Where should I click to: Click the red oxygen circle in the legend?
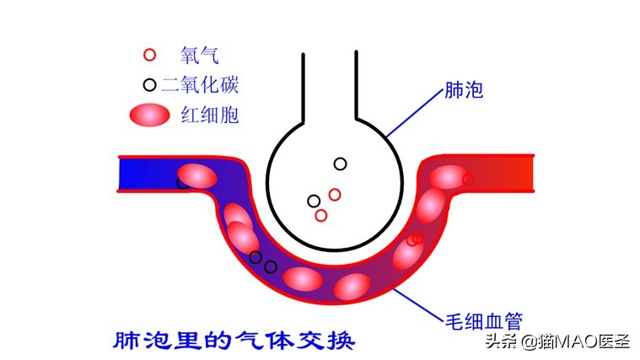pos(150,55)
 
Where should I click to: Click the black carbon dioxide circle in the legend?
pos(150,85)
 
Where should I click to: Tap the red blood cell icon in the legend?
pos(149,115)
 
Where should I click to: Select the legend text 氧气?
pos(200,55)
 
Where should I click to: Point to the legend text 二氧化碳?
pos(200,85)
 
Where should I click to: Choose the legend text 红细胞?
pos(210,115)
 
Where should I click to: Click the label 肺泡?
pos(464,90)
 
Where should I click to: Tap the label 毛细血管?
pos(484,321)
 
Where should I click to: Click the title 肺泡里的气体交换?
pos(234,340)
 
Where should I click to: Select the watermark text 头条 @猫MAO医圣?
pos(558,341)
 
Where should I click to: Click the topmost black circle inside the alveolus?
pos(341,164)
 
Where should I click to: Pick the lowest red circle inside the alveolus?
pos(321,215)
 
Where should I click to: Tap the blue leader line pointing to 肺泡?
pos(414,112)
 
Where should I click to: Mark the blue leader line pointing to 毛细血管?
pos(418,304)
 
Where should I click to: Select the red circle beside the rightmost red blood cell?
pos(468,180)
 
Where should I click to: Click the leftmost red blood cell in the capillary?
pos(197,176)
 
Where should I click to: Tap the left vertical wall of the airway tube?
pos(304,88)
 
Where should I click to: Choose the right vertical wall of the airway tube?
pos(357,85)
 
